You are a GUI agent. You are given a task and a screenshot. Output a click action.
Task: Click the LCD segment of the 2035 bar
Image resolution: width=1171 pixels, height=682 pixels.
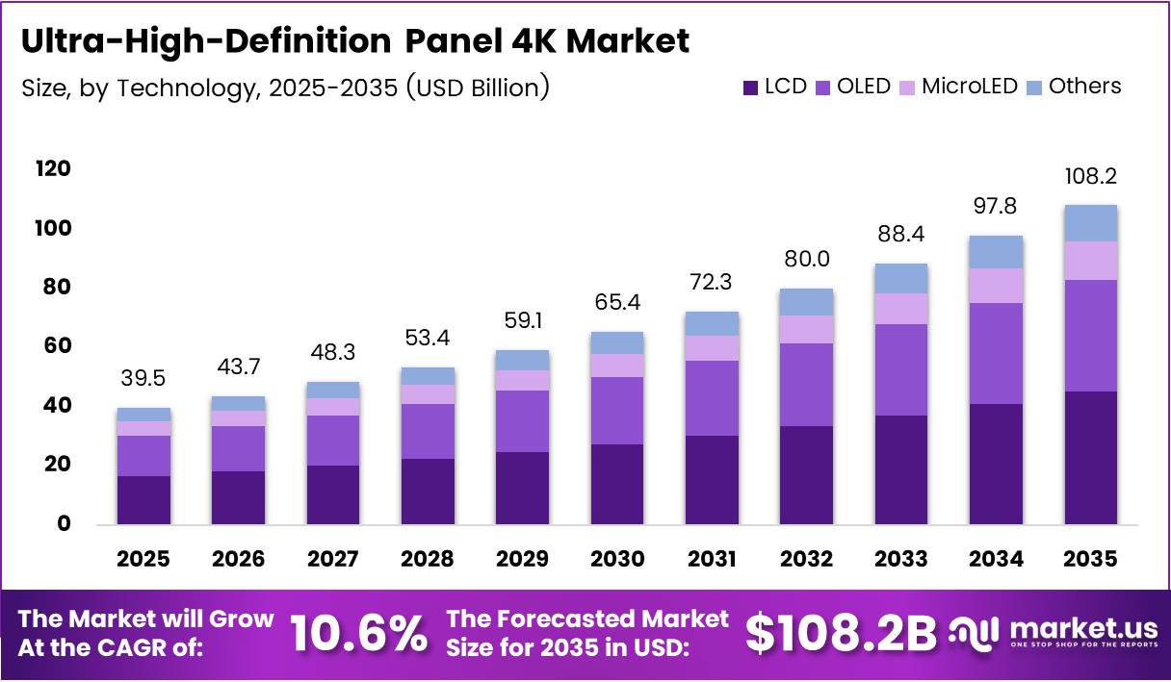(1090, 458)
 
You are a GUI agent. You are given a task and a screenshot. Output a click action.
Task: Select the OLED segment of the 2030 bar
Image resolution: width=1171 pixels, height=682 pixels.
(617, 411)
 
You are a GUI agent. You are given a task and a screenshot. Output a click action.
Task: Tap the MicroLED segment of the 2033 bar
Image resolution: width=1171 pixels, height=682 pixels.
(901, 309)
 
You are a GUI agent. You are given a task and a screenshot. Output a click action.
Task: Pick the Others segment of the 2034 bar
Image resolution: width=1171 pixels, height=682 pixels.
(996, 252)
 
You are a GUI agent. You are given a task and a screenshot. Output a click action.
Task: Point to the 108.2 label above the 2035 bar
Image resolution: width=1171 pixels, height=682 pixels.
(1090, 177)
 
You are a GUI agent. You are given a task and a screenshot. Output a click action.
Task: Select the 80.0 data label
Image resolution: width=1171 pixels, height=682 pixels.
(806, 260)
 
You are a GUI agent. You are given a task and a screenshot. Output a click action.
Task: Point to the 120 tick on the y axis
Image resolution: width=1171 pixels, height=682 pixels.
(53, 169)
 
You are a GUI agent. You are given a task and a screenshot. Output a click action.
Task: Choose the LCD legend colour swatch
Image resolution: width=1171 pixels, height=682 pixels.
(751, 88)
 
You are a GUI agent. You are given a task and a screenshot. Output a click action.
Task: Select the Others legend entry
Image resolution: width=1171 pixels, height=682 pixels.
(1084, 87)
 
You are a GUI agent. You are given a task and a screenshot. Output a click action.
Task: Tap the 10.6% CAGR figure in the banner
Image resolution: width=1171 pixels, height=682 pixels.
(359, 633)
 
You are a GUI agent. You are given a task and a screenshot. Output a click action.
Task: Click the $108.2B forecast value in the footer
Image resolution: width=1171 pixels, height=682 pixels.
(841, 633)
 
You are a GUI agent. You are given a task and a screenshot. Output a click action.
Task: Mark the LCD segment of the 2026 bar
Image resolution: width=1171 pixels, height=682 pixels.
(239, 497)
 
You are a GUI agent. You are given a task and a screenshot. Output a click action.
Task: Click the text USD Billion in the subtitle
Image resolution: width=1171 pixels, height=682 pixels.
(477, 88)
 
